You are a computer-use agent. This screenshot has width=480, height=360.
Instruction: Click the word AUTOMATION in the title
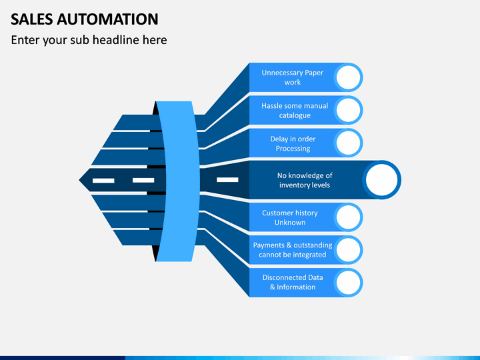107,19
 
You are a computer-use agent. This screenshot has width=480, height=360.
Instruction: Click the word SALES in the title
32,19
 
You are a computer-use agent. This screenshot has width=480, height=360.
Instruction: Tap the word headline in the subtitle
116,40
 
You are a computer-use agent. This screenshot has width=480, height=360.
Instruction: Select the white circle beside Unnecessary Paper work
349,77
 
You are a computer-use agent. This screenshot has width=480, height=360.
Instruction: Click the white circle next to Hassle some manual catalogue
349,110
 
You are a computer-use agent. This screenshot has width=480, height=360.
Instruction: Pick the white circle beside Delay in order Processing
349,143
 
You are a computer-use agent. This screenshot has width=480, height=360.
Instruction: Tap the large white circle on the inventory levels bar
381,180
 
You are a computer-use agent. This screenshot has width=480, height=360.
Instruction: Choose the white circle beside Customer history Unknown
349,217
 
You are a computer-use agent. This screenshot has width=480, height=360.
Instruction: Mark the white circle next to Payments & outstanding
349,250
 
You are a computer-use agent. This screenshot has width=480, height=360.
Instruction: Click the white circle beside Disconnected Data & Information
349,283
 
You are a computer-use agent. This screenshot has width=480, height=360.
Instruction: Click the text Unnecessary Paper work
293,77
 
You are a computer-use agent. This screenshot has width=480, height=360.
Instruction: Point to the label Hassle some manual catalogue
295,111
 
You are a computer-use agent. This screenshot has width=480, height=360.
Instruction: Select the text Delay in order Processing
293,143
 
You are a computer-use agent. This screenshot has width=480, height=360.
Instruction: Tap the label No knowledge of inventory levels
305,180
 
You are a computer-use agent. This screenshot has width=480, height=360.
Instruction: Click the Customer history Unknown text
289,217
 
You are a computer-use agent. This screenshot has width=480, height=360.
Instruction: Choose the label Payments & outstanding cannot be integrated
293,250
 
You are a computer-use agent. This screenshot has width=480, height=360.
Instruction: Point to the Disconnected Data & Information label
293,282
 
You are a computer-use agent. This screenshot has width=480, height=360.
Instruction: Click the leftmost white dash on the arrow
103,181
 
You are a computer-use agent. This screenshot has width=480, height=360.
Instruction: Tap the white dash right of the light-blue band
227,180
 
